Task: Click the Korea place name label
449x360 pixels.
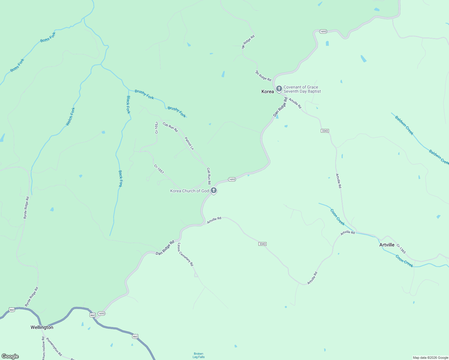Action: tap(267, 91)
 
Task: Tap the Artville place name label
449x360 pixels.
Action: tap(387, 245)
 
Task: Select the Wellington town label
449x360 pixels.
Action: tap(42, 327)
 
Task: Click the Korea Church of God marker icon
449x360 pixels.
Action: tap(213, 190)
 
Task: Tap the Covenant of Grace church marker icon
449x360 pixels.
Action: tap(279, 88)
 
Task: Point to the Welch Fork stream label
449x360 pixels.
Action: tap(70, 117)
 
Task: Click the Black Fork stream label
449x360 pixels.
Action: tap(128, 105)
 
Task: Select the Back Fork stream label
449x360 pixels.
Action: tap(120, 178)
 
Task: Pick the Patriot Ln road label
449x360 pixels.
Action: tap(189, 143)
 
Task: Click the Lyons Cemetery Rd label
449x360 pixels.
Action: tap(185, 254)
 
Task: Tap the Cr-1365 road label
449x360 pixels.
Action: tap(401, 249)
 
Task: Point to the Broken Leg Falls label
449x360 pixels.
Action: tap(198, 355)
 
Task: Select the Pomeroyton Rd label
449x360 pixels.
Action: tap(54, 347)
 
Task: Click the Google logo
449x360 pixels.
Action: tap(10, 356)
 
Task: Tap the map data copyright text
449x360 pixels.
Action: tap(430, 358)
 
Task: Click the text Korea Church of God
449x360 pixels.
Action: tap(189, 191)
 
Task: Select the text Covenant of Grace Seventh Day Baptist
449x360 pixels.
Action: tap(302, 89)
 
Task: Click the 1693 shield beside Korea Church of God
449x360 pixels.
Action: tap(232, 179)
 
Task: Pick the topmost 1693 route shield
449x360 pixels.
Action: tap(323, 31)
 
